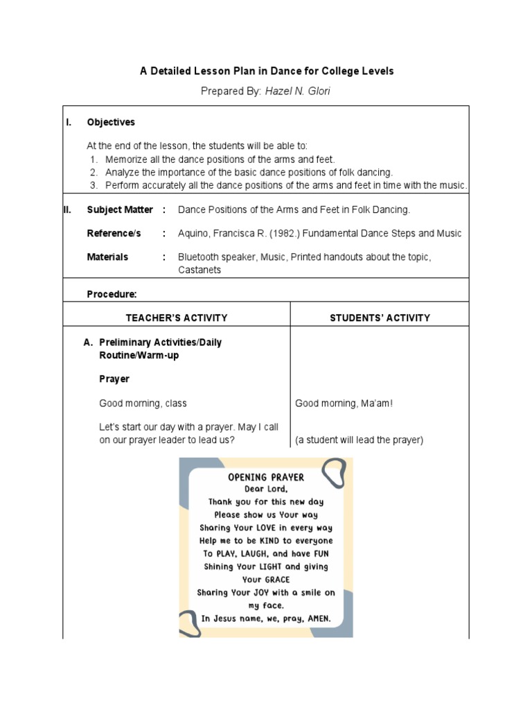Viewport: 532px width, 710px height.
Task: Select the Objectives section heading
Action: pos(111,122)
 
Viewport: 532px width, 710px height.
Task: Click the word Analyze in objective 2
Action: pos(123,172)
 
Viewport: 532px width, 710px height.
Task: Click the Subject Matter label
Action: pos(120,209)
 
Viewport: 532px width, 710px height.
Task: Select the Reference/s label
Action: pos(114,234)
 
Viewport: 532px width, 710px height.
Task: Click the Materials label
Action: pos(107,257)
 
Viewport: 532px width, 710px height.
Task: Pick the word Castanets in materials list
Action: pos(199,270)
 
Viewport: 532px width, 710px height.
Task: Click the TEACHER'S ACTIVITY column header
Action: pos(176,318)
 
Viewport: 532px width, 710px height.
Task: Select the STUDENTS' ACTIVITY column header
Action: pos(380,318)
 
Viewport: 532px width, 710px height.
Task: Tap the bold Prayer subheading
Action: pos(114,379)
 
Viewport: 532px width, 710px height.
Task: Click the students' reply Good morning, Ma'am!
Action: pos(344,403)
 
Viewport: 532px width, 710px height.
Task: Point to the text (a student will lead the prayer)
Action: pos(359,440)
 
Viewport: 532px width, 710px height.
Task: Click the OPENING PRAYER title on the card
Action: pos(266,477)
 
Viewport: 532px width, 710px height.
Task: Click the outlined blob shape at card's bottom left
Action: pos(189,623)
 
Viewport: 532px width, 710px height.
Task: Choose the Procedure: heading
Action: pos(112,295)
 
